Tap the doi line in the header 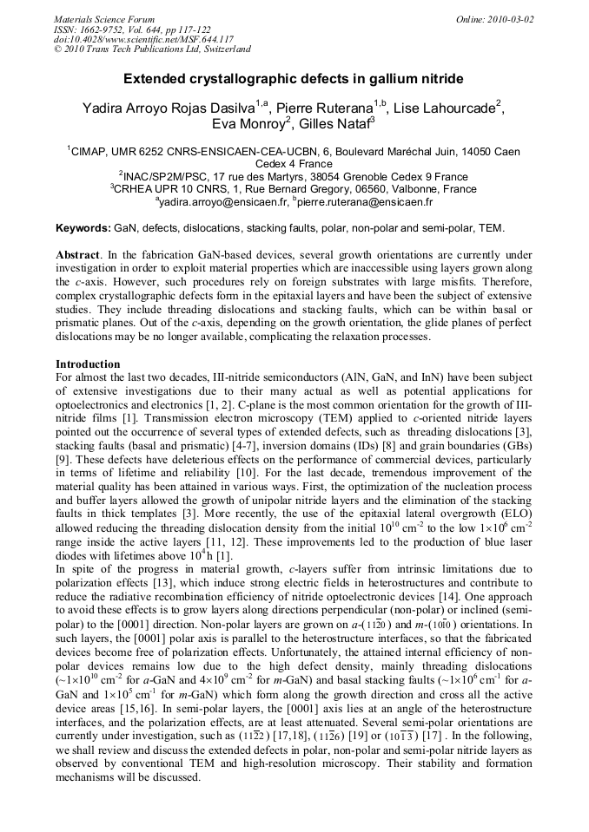143,39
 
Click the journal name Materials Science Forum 104,18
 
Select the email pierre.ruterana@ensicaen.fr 366,202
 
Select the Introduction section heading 88,364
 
